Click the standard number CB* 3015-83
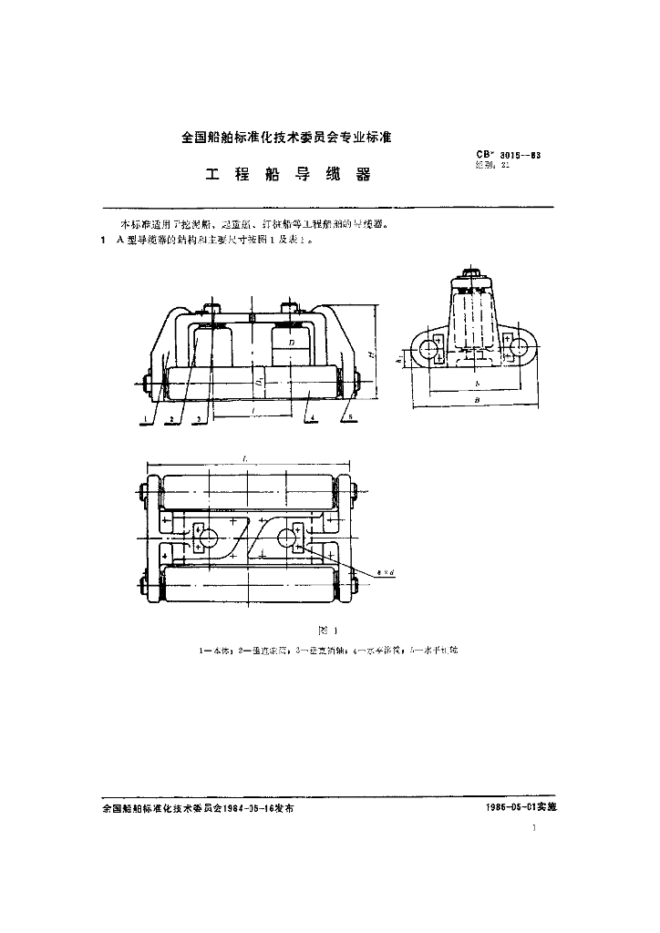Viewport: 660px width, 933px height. click(508, 156)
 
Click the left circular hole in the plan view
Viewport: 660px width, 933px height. click(206, 538)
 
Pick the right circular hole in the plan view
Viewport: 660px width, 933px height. click(290, 538)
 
